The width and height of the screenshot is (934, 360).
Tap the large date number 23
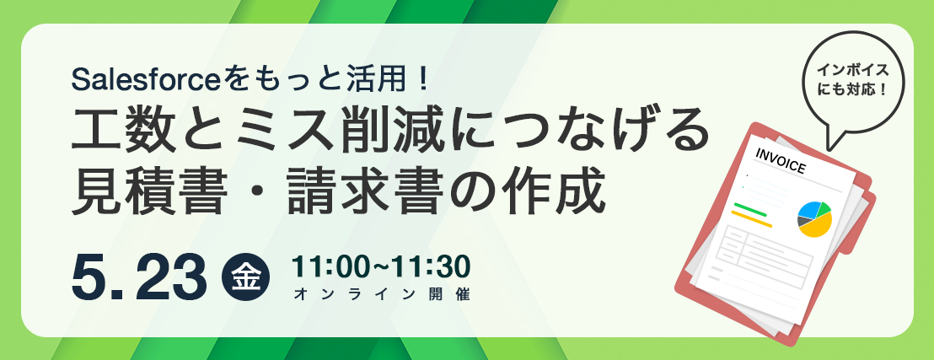(x=171, y=277)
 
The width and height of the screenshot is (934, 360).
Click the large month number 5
(x=89, y=277)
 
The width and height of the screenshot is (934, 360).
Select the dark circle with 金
(x=245, y=277)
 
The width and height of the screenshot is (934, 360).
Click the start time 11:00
(x=326, y=267)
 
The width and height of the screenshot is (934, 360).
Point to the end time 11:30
(x=435, y=267)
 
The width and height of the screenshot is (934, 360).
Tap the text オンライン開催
(x=381, y=294)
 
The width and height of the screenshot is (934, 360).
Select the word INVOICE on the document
(x=780, y=161)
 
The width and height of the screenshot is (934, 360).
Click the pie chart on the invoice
(x=814, y=219)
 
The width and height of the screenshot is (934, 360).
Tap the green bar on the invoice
(x=750, y=209)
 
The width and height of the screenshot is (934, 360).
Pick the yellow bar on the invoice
(x=751, y=218)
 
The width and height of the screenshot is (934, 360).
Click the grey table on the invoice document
(x=762, y=250)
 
